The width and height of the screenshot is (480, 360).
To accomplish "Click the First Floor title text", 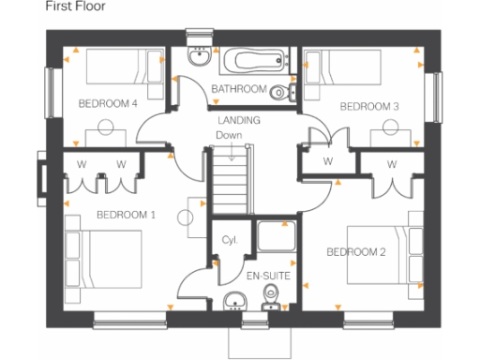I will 76,7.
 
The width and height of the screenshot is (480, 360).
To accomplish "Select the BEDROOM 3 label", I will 368,107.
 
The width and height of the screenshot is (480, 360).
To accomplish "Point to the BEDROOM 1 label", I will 126,215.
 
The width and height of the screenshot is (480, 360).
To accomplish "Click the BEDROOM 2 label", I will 355,251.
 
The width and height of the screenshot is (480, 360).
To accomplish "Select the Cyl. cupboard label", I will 230,240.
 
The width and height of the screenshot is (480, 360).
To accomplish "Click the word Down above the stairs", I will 229,135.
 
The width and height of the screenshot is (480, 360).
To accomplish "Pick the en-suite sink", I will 234,301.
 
